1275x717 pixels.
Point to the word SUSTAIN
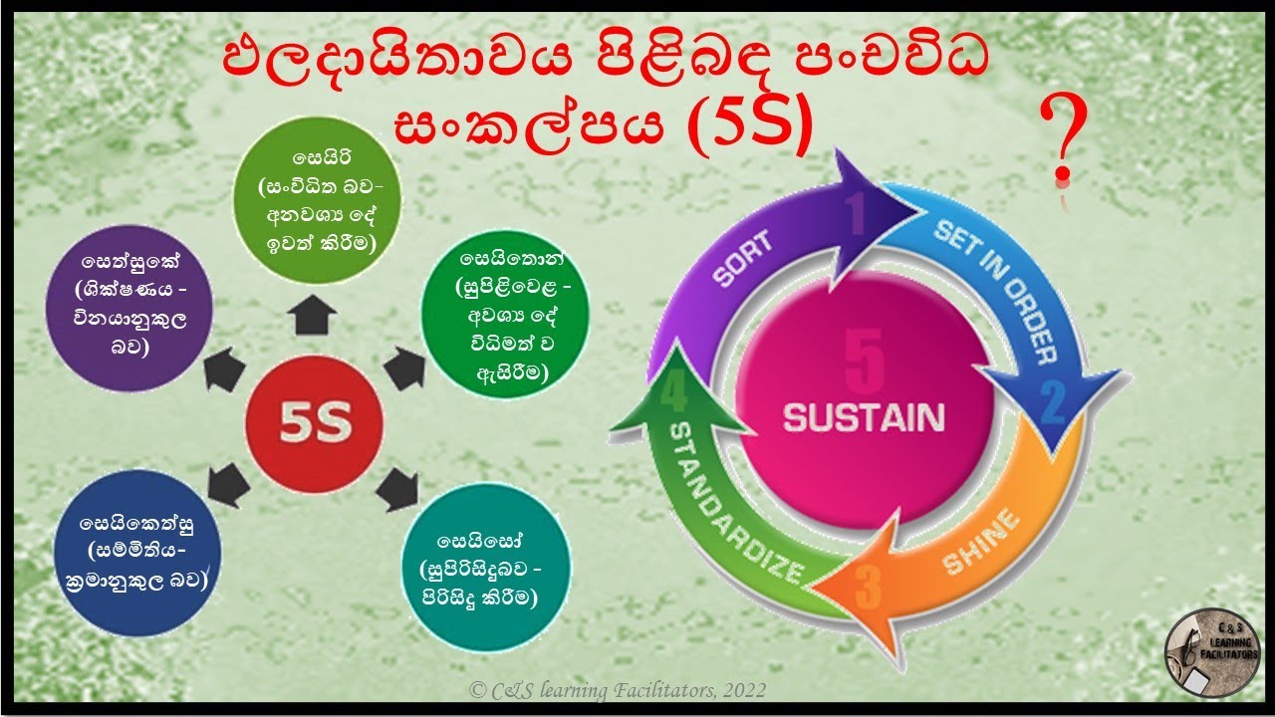coord(863,416)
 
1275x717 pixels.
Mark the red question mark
coord(1062,144)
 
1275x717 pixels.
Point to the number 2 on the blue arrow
coord(1053,402)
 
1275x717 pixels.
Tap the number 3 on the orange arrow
coord(866,589)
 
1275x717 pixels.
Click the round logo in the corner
coord(1212,654)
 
